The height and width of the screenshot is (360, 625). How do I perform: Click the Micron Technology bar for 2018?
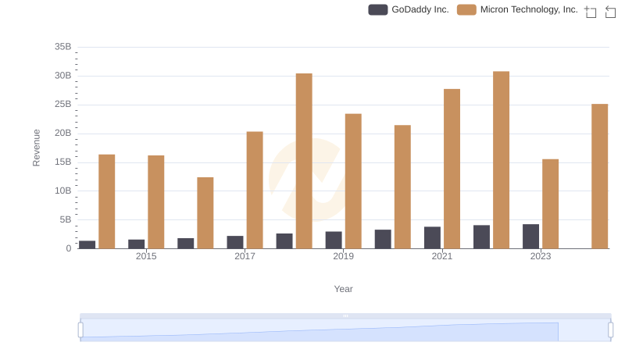click(304, 161)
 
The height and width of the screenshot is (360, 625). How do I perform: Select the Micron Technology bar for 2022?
click(501, 160)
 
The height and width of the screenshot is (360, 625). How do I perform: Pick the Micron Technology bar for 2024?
click(599, 176)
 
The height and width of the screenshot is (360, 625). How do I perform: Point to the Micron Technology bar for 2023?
click(550, 204)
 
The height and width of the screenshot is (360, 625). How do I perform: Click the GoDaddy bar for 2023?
click(530, 237)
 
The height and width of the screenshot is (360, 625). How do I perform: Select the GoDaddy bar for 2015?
click(137, 244)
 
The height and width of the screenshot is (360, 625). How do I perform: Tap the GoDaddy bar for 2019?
click(334, 240)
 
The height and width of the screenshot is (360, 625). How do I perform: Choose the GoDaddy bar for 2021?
click(432, 237)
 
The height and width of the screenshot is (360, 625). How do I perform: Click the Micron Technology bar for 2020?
click(402, 187)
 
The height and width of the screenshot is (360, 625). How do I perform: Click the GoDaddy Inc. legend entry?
click(409, 10)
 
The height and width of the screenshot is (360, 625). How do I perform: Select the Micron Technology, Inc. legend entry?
click(518, 10)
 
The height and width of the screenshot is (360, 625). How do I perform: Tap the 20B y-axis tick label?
click(63, 134)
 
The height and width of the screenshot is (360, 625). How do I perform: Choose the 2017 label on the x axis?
click(245, 256)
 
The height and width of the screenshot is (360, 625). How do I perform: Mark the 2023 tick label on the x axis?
click(541, 256)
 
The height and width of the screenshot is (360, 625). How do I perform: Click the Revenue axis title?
click(37, 148)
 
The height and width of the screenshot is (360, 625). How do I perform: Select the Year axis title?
click(344, 289)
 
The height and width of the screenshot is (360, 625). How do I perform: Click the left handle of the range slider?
click(80, 330)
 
